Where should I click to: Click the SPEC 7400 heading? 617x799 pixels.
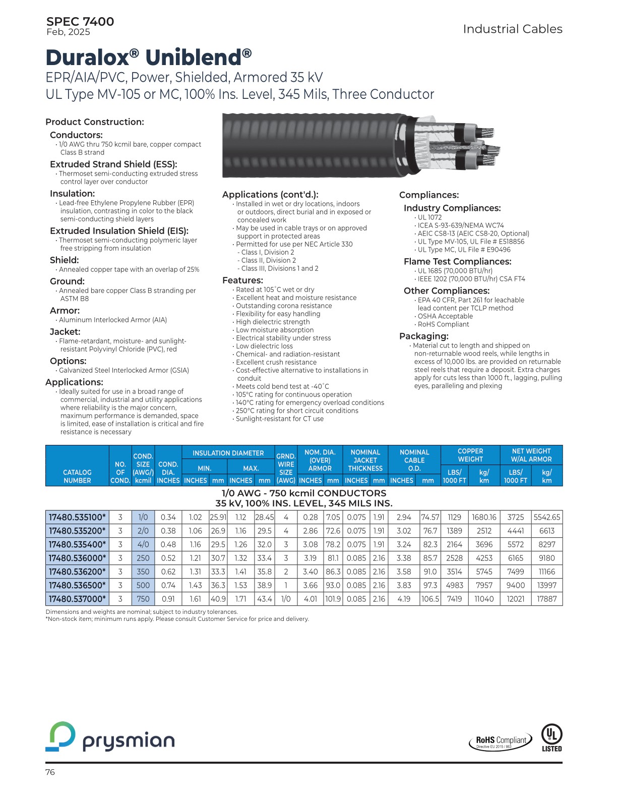pos(80,22)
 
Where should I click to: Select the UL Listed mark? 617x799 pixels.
pos(551,737)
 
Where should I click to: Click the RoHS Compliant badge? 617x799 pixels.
pos(501,741)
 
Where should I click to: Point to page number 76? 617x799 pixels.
pos(50,772)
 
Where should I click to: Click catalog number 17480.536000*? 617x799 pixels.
pos(77,558)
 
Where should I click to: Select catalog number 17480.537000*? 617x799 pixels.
pos(77,599)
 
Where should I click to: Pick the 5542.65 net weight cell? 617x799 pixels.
pos(546,517)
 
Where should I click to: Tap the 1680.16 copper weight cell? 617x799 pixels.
pos(484,517)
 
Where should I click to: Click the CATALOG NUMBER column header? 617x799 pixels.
pos(77,476)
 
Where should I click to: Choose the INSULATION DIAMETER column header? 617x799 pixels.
pos(228,453)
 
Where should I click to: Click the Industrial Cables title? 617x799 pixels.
pos(512,29)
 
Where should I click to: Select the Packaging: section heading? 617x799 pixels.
pos(423,336)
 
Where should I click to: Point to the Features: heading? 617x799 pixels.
pos(242,280)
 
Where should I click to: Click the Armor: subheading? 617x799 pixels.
pos(65,311)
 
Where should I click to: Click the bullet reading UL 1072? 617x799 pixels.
pos(429,217)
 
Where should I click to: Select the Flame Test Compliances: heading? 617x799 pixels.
pos(457,262)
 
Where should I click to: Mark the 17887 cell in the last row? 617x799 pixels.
pos(546,599)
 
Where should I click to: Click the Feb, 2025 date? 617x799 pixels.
pos(68,32)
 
